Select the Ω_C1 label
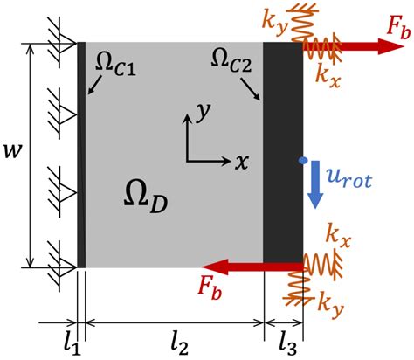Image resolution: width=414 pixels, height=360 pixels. (x=115, y=66)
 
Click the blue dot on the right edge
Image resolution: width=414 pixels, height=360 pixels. (x=303, y=160)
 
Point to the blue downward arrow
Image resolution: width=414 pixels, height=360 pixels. (x=315, y=184)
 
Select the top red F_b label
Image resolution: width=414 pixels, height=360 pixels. (x=398, y=29)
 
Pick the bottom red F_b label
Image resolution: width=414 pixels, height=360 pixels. (x=210, y=288)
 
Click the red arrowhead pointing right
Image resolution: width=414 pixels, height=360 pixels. (x=391, y=46)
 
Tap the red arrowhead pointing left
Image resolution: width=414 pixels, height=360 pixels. (x=213, y=267)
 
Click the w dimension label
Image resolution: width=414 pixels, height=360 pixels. (x=12, y=151)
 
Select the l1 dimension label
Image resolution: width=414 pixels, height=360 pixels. (x=72, y=345)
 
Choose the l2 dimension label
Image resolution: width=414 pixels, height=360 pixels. (x=180, y=345)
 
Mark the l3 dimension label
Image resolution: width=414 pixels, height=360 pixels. (x=288, y=345)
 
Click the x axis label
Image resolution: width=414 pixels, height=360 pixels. (x=242, y=162)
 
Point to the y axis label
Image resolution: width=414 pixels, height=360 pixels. (x=203, y=112)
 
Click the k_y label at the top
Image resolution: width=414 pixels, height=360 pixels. (x=274, y=24)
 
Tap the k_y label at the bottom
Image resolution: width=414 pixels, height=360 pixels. (x=331, y=305)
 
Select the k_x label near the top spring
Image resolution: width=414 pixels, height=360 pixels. (x=328, y=75)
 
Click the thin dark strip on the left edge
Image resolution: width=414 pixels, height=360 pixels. (x=81, y=155)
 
